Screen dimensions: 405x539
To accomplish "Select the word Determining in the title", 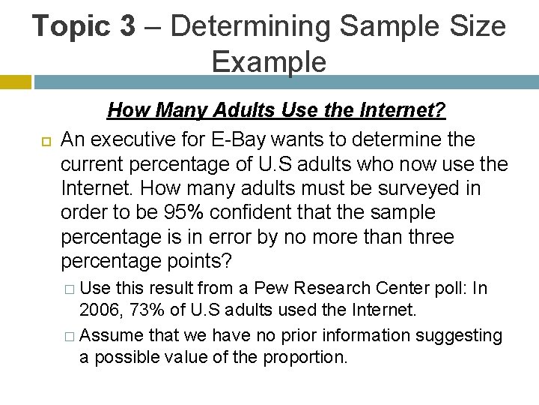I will [251, 26].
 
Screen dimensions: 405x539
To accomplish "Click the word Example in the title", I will [269, 61].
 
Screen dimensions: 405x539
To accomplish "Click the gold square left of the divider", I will [15, 82].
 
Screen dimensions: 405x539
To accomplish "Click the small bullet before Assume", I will [69, 335].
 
